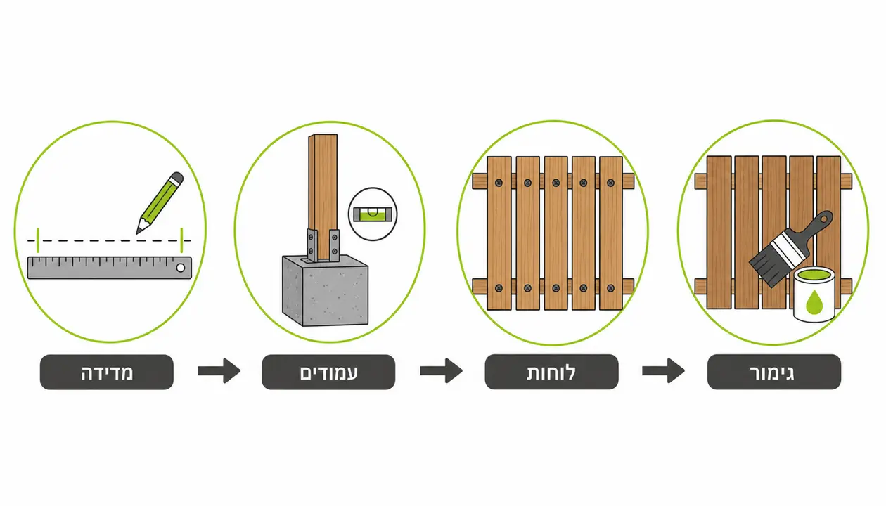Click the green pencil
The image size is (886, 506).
click(x=160, y=203)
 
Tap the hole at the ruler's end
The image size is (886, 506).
click(x=180, y=268)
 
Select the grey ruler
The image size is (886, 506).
click(x=110, y=268)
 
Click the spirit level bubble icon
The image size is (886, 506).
click(x=373, y=214)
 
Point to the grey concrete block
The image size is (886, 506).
click(x=325, y=290)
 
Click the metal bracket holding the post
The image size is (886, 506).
click(x=323, y=245)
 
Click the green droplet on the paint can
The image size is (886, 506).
click(x=814, y=302)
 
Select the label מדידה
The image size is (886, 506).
click(x=107, y=372)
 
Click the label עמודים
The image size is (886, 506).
click(x=328, y=372)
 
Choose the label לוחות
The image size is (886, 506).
click(x=551, y=372)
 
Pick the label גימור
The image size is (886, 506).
click(x=774, y=372)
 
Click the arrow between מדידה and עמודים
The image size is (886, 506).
click(x=219, y=371)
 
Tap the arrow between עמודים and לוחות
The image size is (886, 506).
click(x=441, y=371)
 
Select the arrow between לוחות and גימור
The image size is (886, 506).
click(x=663, y=371)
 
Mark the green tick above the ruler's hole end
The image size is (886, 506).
click(x=181, y=240)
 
